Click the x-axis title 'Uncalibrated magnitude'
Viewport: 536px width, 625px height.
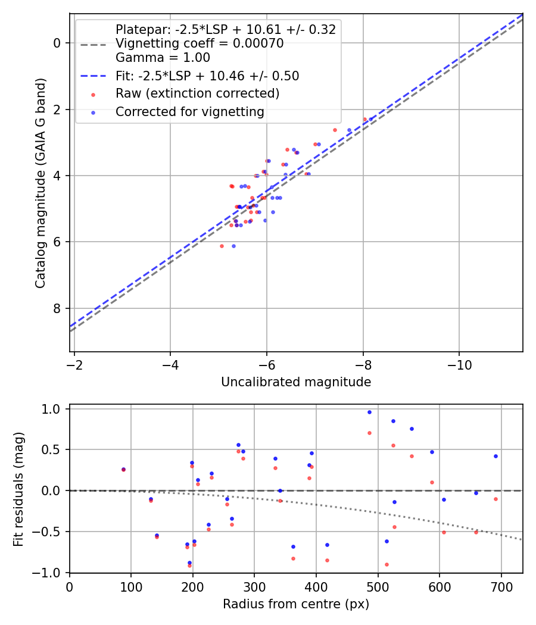coord(296,382)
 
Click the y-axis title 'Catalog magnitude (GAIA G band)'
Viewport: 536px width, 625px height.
coord(40,183)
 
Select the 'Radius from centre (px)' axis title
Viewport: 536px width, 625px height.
coord(296,604)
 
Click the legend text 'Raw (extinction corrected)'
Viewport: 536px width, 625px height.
coord(197,93)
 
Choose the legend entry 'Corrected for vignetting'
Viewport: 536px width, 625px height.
coord(189,111)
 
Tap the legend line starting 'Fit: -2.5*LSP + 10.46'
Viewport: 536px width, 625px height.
coord(207,76)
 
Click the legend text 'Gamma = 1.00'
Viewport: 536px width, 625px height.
coord(163,58)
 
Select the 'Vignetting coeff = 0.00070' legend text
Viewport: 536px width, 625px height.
coord(199,43)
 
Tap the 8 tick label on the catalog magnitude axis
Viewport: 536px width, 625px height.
coord(57,308)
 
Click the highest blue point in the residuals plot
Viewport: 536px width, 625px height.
coord(369,412)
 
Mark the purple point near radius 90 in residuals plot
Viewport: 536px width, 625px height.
coord(123,469)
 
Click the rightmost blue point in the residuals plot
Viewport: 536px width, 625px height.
coord(496,456)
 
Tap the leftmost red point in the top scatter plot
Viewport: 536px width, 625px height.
coord(222,246)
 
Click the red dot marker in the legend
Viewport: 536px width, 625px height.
coord(92,94)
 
